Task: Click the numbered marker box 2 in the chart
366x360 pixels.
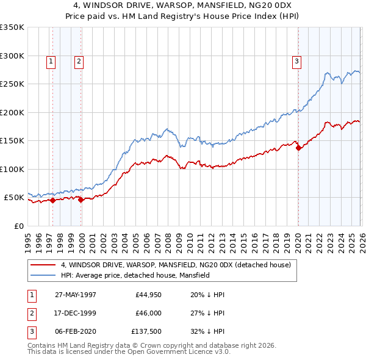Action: [x=79, y=61]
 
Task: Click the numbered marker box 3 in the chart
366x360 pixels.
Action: [x=296, y=61]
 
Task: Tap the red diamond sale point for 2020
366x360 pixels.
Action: [x=298, y=148]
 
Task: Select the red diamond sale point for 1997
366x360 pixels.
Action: [x=53, y=200]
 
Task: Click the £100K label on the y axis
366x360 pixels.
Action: [x=12, y=169]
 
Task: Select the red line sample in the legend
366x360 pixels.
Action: [x=43, y=265]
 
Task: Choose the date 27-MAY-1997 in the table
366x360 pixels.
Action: [x=76, y=295]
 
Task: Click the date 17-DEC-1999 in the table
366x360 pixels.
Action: [x=76, y=314]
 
